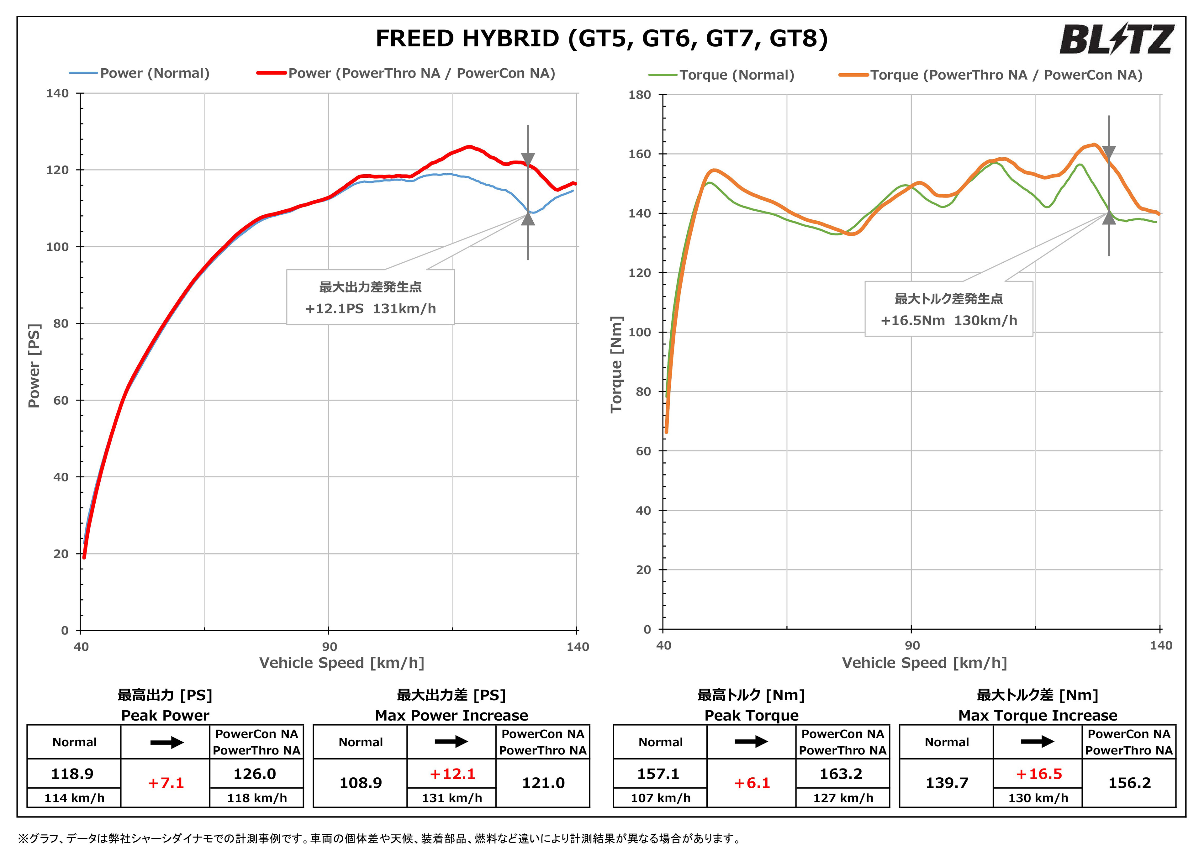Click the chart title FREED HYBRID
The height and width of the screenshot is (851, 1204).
coord(601,39)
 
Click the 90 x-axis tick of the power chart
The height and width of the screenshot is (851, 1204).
coord(329,647)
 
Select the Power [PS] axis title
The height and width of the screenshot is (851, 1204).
coord(34,365)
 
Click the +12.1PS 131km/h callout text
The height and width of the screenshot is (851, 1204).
coord(370,308)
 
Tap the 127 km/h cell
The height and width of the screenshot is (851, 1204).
coord(843,798)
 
